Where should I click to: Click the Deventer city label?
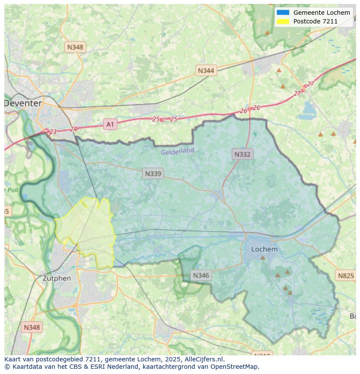coord(23,103)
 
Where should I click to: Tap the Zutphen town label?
coord(57,278)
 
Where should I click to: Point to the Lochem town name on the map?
coord(264,249)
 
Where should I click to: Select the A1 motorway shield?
coord(110,125)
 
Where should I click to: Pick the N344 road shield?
coord(206,70)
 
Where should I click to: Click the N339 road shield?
coord(153,174)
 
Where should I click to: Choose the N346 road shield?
coord(201,275)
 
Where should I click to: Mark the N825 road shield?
coord(346,275)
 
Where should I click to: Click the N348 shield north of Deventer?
coord(75,47)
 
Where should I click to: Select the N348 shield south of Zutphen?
coord(32,328)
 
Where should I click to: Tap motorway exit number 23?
coord(53,132)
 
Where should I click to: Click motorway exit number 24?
coord(73,129)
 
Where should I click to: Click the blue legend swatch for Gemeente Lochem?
coord(283,13)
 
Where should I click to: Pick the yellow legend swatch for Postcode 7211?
coord(283,21)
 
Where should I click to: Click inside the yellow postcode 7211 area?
coord(87,230)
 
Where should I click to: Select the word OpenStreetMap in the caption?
coord(234,367)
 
